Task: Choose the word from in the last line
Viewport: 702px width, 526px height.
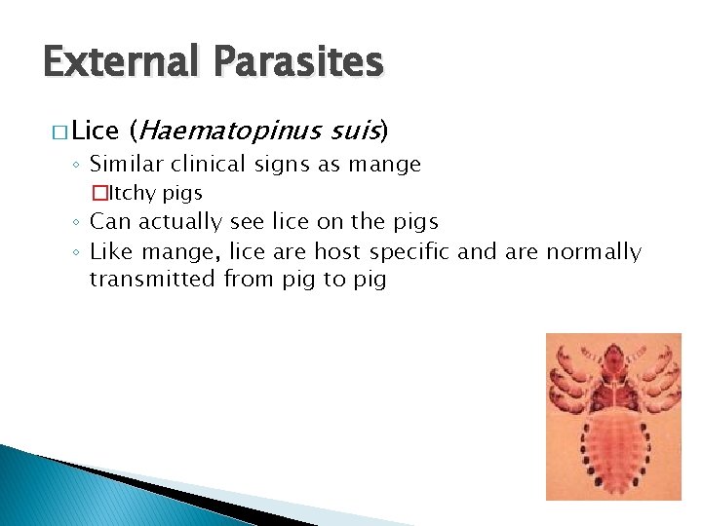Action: pos(249,280)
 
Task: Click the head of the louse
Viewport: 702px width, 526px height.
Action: pos(614,360)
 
